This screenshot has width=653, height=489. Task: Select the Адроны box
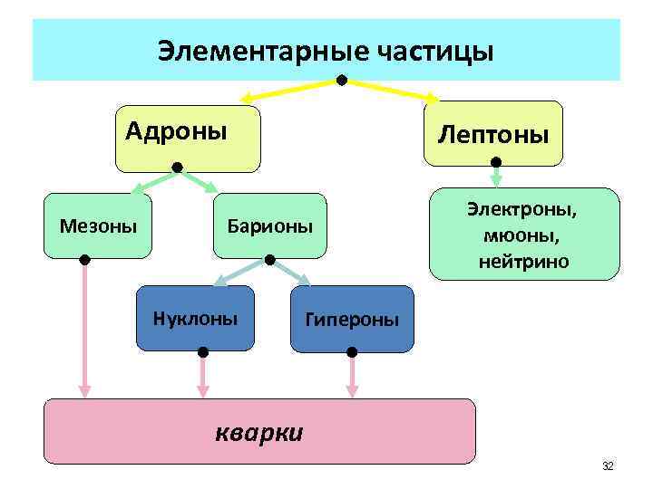187,139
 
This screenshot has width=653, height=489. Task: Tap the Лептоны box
492,134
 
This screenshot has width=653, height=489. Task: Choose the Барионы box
269,225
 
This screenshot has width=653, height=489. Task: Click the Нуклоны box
195,318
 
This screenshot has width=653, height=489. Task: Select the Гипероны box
351,319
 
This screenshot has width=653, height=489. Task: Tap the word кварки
259,431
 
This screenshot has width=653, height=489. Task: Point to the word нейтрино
523,262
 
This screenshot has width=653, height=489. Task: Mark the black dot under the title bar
342,81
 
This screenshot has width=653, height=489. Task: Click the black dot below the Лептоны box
495,164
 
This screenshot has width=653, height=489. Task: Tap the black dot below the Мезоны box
84,260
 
